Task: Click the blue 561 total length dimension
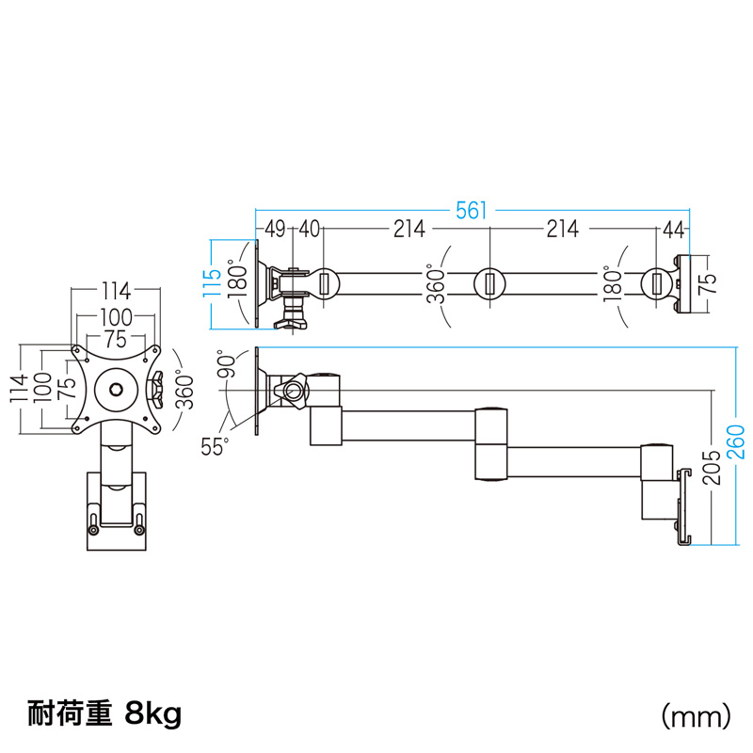[473, 211]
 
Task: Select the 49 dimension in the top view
[275, 229]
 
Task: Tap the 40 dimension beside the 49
[310, 229]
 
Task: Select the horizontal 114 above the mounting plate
[116, 290]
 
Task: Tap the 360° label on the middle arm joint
[435, 282]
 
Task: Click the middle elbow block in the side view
[492, 442]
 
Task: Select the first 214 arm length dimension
[408, 229]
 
